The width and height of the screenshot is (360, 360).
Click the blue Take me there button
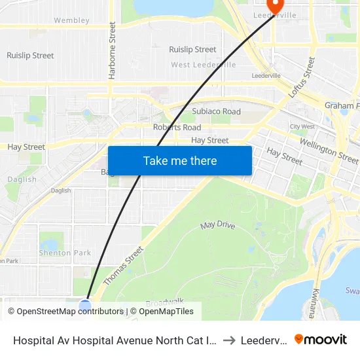(180, 160)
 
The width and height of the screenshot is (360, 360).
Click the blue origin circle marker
(85, 305)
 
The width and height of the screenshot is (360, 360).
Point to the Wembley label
(71, 20)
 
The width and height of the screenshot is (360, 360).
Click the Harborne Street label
(113, 50)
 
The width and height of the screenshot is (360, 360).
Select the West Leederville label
(203, 65)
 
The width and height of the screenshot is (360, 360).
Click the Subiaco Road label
(216, 111)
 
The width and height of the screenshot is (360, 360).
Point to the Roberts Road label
(177, 127)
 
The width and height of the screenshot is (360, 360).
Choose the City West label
(302, 126)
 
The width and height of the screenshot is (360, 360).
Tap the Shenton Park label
(65, 253)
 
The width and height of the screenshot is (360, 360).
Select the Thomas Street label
(123, 265)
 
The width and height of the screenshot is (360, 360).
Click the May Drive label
(217, 225)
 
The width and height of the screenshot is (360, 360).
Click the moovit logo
(320, 340)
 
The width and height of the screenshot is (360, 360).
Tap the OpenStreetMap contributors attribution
(65, 312)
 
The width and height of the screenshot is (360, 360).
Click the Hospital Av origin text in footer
(115, 340)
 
